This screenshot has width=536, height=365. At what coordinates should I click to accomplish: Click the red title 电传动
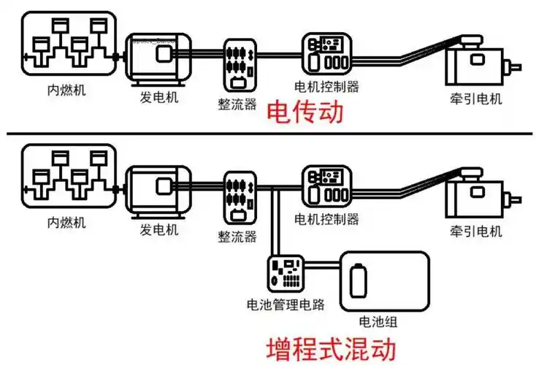coord(305,113)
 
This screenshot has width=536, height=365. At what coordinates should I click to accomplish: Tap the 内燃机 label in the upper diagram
coord(62,93)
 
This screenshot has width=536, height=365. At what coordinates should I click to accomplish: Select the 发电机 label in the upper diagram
coord(158,97)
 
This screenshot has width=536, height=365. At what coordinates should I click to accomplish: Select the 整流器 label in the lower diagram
coord(237,237)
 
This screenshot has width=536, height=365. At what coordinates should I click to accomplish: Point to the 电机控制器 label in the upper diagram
coord(326,87)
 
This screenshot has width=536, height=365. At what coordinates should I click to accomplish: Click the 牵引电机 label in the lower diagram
coord(477,231)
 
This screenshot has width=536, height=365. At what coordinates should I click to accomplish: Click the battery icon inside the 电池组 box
coord(359,280)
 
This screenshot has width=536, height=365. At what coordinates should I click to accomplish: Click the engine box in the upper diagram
coord(69,45)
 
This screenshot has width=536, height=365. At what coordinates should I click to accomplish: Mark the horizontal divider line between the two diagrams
coord(268,134)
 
